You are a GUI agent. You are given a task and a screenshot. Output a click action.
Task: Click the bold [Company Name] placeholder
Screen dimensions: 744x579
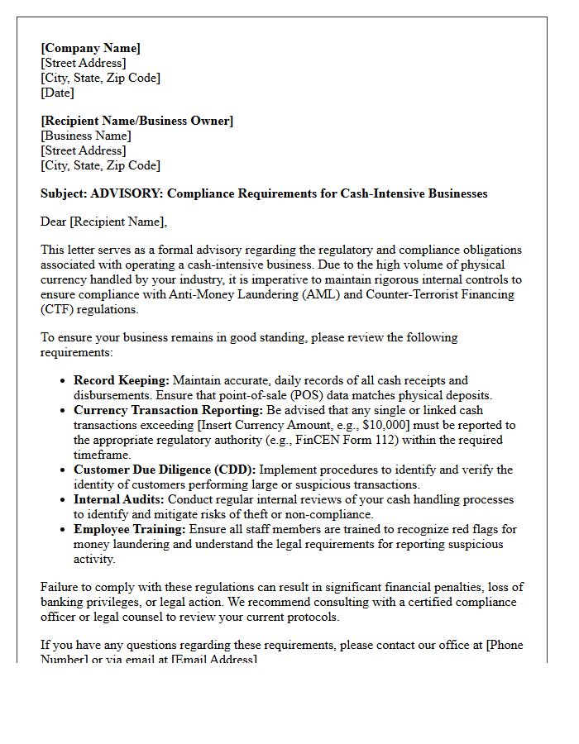click(90, 48)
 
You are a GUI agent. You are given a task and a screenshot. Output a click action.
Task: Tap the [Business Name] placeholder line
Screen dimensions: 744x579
click(85, 136)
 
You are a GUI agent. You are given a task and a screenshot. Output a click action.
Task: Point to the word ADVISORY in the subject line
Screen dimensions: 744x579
click(125, 193)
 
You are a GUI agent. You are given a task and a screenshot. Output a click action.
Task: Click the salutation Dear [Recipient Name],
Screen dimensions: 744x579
click(103, 222)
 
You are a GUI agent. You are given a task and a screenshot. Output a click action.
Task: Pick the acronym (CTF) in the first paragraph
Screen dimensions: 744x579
click(57, 309)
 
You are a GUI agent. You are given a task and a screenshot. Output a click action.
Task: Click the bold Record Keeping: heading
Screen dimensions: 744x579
click(121, 380)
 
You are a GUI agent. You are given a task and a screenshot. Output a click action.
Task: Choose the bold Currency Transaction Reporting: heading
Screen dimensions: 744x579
click(168, 410)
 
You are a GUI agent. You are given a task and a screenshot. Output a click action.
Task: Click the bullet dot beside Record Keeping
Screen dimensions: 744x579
click(64, 381)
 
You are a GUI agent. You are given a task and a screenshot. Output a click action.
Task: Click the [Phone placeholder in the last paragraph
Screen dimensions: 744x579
click(505, 645)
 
